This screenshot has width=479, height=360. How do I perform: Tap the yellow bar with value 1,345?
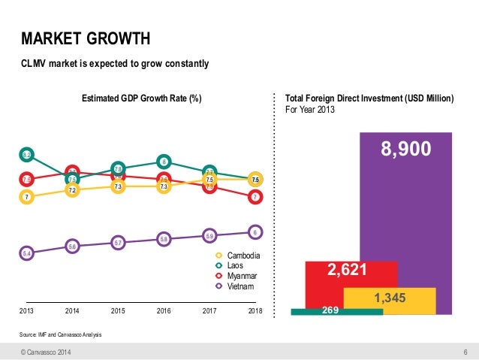[389, 299]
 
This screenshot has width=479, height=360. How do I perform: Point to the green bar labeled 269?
[324, 310]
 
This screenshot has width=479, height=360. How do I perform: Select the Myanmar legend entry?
[238, 277]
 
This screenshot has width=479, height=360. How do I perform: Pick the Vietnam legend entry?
[236, 286]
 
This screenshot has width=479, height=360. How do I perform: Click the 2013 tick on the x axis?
[26, 310]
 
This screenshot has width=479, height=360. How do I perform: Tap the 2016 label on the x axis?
[164, 310]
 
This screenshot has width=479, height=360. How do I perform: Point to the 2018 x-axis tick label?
[255, 310]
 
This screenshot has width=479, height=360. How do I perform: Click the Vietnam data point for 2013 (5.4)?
[26, 254]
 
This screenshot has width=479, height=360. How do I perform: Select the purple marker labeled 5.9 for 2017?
[209, 236]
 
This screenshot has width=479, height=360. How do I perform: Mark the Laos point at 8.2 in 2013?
[26, 155]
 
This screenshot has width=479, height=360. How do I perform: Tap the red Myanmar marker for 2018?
[255, 197]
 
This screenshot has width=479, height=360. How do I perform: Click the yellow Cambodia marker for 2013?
[26, 197]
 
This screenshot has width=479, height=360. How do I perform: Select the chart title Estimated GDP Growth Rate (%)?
[141, 98]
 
